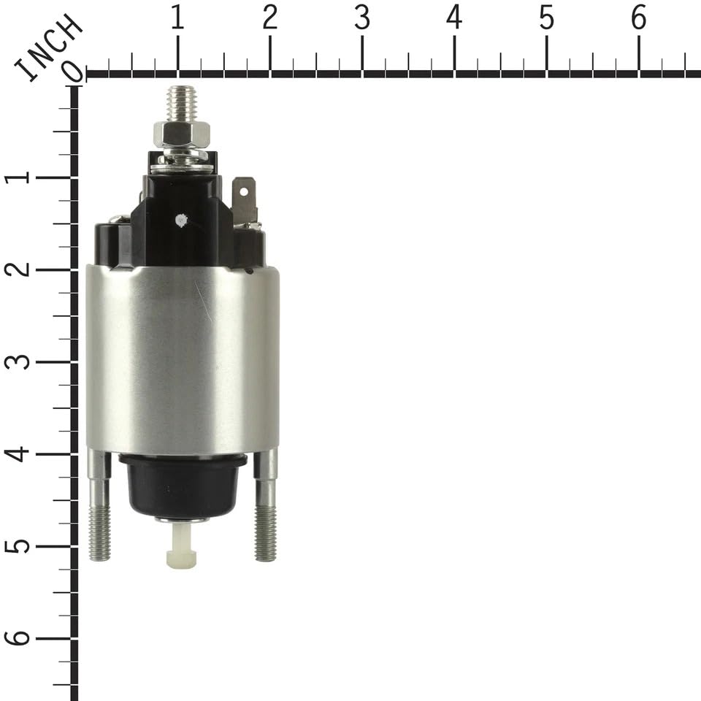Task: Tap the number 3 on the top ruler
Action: point(362,18)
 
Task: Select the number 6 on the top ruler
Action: point(639,18)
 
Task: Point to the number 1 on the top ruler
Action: point(177,18)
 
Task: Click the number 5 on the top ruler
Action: point(547,18)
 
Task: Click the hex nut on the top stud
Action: point(182,134)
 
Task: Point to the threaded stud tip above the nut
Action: point(181,102)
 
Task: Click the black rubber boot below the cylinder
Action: point(183,485)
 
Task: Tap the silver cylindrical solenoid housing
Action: point(183,358)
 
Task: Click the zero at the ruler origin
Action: point(73,71)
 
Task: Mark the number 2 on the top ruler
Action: point(270,18)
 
